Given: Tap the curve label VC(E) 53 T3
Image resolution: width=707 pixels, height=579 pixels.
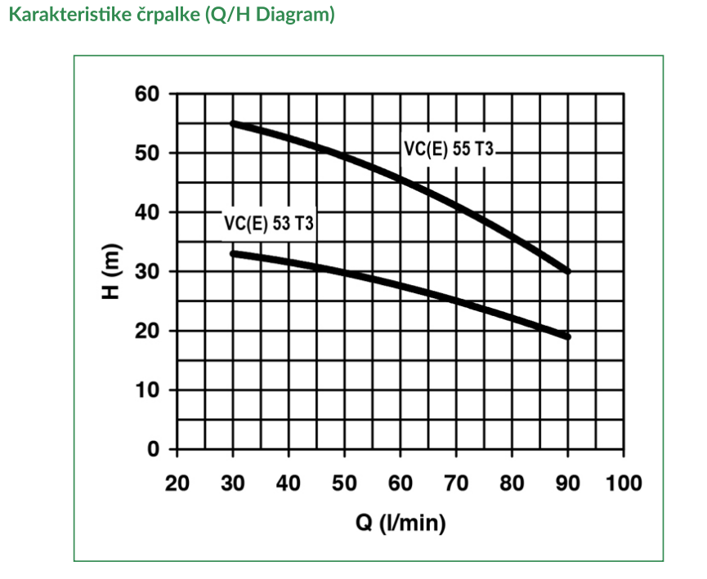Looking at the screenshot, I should point(269,223).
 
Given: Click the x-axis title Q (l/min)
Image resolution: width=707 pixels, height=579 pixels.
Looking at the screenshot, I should point(400,523).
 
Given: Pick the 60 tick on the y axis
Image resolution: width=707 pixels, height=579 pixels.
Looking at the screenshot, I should point(150,94).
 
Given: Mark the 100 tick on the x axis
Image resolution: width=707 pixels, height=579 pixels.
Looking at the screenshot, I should point(624,482).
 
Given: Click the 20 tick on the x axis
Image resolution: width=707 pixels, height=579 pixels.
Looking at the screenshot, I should point(177,482).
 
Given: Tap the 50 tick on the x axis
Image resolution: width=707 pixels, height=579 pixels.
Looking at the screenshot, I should point(344,482).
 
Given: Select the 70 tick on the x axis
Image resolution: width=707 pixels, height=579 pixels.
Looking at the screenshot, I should point(456,482).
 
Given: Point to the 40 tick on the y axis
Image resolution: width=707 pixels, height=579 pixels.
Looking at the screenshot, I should point(150,212).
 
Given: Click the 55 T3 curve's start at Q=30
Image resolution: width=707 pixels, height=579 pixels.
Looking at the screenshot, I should point(234,123).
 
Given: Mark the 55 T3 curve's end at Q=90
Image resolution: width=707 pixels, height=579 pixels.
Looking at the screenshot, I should point(567,271).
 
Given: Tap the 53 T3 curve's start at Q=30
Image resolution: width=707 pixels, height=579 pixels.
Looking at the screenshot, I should point(234,253).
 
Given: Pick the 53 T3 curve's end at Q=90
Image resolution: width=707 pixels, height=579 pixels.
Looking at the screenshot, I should point(567,336).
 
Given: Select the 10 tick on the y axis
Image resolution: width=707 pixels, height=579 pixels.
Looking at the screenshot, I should point(150,390).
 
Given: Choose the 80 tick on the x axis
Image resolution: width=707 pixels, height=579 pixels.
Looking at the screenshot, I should point(512,482).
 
